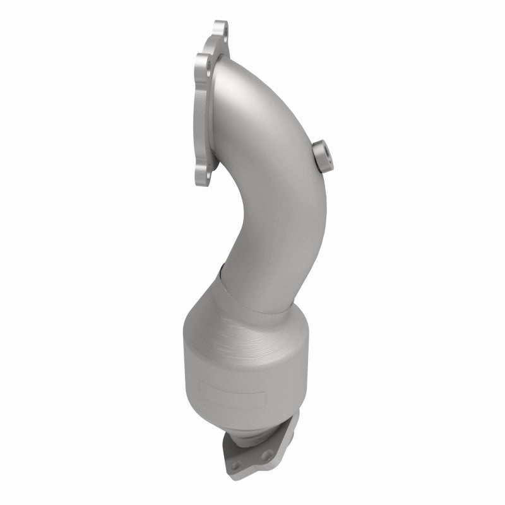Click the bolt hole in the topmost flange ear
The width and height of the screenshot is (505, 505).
click(x=220, y=28)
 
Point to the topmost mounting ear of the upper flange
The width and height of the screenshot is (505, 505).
click(x=221, y=30)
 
